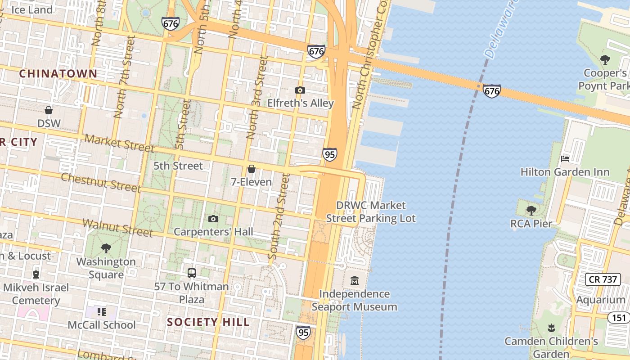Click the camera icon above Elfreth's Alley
click(300, 90)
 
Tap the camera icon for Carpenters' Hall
click(213, 219)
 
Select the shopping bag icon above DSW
click(49, 110)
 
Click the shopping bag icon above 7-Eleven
click(252, 169)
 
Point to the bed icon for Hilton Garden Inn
click(565, 159)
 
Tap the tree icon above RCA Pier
click(531, 210)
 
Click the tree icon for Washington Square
click(106, 248)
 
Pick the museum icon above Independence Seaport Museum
click(355, 281)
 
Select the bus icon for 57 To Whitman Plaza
click(192, 273)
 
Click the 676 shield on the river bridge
click(492, 91)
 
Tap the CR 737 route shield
click(603, 279)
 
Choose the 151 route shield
click(620, 318)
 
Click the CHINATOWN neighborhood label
click(58, 74)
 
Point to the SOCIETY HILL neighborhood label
click(208, 322)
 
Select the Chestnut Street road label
click(101, 182)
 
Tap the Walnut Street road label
click(117, 228)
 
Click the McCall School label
click(101, 325)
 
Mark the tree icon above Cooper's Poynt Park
click(605, 59)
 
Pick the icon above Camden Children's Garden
click(551, 328)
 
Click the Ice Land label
click(31, 9)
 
